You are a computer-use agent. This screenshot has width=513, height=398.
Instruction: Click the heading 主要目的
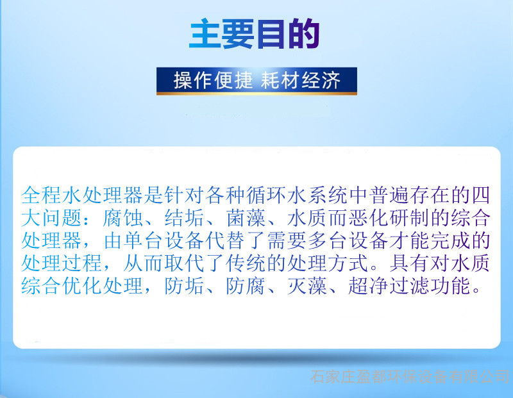coord(255,34)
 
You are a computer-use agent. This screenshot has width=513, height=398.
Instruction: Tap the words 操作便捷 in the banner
coord(213,80)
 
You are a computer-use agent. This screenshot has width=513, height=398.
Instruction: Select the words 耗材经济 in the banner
coord(300,80)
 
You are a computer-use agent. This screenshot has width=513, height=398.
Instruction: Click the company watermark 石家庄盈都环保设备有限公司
coord(410,377)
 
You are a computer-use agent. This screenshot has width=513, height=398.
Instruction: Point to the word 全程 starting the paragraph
coord(42,195)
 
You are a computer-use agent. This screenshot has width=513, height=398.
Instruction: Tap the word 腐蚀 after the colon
coord(122,218)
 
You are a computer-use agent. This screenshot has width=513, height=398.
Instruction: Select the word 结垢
coord(184,218)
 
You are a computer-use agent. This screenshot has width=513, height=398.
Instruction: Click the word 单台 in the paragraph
coord(143,241)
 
